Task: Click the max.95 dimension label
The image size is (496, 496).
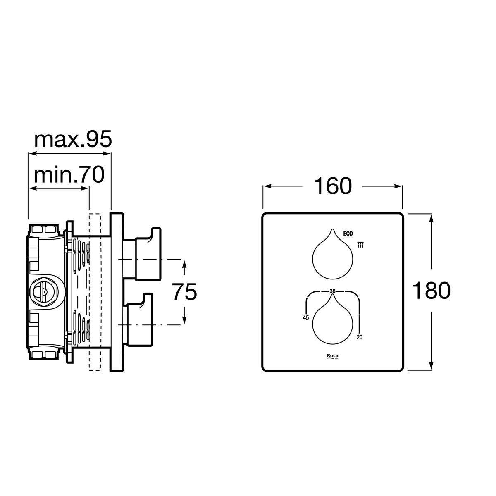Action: click(x=73, y=139)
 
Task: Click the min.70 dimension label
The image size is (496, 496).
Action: click(x=69, y=175)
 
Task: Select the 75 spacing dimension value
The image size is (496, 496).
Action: click(x=184, y=291)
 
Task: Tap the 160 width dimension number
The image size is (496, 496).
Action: click(x=333, y=186)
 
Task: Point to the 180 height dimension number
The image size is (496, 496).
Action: click(x=432, y=290)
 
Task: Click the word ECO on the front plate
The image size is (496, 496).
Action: click(x=348, y=234)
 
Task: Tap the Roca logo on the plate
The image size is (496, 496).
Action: click(x=333, y=356)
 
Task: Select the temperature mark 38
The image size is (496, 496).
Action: click(x=333, y=291)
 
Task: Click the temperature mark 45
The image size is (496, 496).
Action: click(x=306, y=318)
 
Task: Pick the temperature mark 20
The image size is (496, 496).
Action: click(x=360, y=337)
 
